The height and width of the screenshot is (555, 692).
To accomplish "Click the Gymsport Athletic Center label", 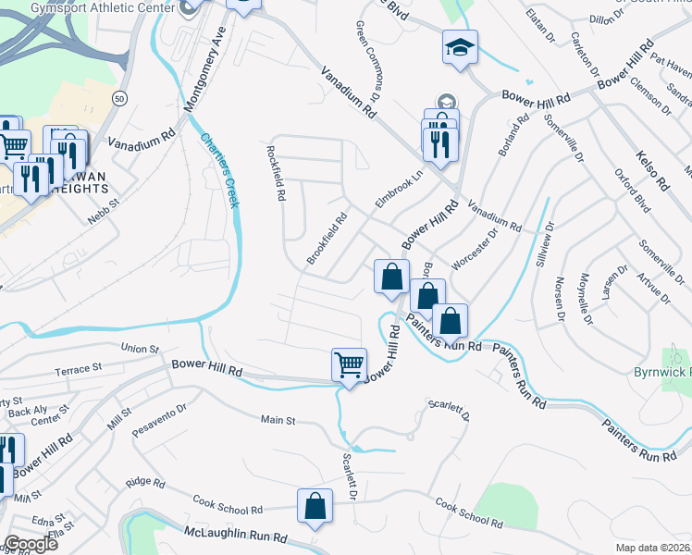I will tap(89, 7).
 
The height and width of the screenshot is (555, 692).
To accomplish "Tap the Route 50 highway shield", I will tap(119, 97).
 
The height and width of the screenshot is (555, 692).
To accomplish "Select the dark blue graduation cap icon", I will tap(459, 47).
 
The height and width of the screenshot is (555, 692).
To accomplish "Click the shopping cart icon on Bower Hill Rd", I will tap(350, 364).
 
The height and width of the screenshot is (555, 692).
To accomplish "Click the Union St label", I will tap(141, 348).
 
